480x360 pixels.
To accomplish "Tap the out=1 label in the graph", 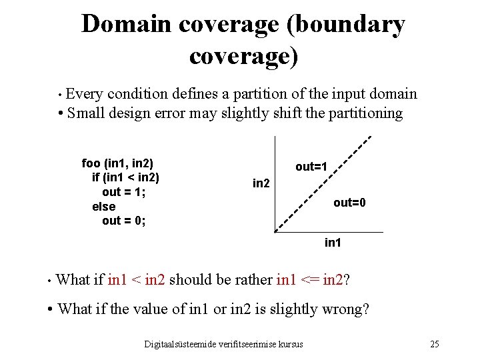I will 311,167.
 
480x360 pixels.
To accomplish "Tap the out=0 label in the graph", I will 349,203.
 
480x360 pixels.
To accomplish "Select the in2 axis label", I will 261,183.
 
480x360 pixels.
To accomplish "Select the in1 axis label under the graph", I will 333,243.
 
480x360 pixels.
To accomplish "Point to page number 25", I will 434,344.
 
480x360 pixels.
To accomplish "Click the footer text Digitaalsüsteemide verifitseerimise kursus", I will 223,344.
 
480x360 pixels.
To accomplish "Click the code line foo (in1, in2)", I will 117,163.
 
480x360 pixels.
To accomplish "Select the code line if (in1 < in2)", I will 126,177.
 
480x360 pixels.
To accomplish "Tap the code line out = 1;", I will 123,192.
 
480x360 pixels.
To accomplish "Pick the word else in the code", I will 103,207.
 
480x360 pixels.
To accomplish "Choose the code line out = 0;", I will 123,221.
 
